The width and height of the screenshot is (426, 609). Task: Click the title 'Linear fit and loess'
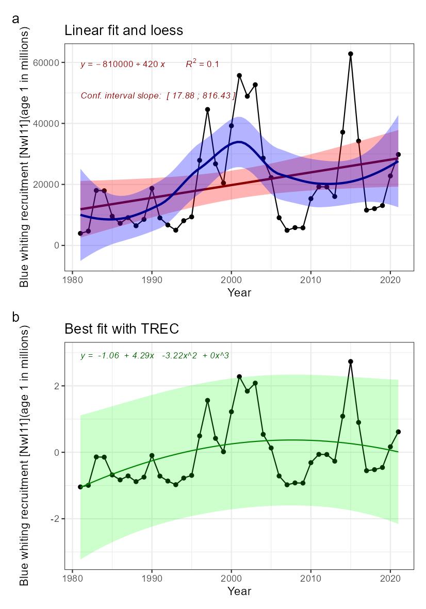(123, 30)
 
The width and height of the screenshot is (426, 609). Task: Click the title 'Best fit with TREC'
(121, 329)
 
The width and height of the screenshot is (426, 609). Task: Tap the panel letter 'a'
(15, 19)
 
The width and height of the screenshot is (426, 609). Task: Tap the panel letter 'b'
(15, 317)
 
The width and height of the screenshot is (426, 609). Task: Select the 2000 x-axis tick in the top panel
(231, 279)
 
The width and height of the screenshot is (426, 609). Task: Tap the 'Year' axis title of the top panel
(239, 293)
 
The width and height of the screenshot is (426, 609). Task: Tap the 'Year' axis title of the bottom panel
(239, 591)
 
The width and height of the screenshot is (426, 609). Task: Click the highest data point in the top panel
(351, 54)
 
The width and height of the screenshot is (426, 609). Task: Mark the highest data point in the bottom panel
(351, 362)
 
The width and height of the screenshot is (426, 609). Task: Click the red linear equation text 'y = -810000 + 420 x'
(123, 64)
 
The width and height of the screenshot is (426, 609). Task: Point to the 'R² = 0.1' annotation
(202, 64)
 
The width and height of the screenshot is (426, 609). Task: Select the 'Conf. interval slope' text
(158, 96)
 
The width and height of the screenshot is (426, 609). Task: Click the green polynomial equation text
(155, 356)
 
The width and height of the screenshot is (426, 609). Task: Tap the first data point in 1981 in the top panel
(80, 234)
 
